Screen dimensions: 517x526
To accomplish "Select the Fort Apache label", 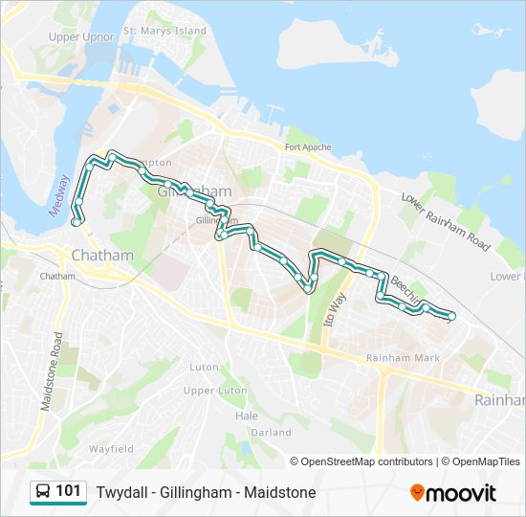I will click(x=307, y=147).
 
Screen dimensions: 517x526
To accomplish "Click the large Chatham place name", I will click(x=102, y=256).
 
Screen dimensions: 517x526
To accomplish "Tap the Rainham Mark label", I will click(x=403, y=358).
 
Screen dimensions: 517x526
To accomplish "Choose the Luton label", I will click(x=204, y=367).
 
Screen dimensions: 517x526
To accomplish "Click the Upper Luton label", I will click(x=213, y=391).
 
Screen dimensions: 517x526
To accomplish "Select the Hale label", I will click(x=247, y=416).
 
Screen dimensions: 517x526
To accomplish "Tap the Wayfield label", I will click(x=111, y=448).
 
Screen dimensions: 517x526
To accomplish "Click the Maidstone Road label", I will click(x=51, y=372).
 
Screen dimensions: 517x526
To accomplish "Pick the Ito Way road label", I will click(x=336, y=310).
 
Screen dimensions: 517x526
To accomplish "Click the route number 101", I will click(x=68, y=492).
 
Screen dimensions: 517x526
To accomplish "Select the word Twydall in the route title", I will click(x=120, y=493).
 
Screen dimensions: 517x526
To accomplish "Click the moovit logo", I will click(x=453, y=493).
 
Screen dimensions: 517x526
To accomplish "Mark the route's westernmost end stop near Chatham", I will click(x=76, y=222).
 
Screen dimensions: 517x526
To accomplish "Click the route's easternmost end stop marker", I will click(x=451, y=316).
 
